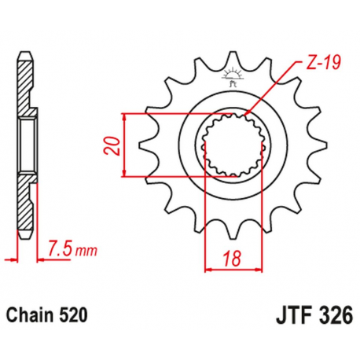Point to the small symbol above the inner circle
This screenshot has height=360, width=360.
pos(231,77)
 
